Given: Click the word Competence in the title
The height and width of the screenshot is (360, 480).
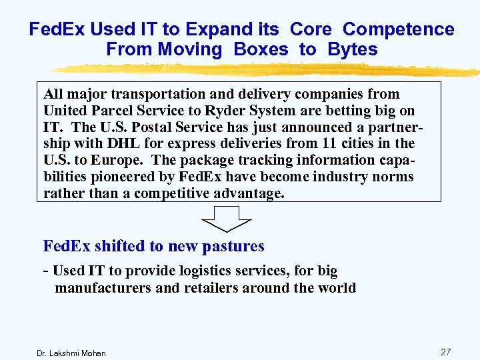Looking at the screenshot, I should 398,29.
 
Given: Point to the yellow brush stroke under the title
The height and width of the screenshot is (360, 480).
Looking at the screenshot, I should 267,69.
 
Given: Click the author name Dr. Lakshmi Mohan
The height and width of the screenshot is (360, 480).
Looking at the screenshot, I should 71,353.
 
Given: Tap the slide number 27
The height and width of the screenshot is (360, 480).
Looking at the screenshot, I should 446,351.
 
